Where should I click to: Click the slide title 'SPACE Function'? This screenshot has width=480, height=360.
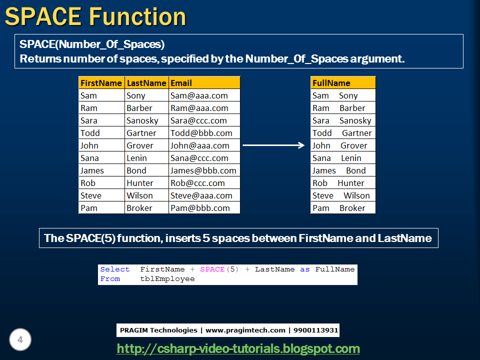pyautogui.click(x=95, y=16)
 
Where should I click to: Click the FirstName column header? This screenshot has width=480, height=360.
pyautogui.click(x=101, y=83)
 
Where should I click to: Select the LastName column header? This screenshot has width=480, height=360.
pyautogui.click(x=146, y=83)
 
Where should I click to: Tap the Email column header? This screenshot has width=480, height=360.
pyautogui.click(x=181, y=83)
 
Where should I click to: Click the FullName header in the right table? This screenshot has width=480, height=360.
pyautogui.click(x=331, y=83)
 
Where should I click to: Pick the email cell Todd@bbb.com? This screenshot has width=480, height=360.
pyautogui.click(x=201, y=133)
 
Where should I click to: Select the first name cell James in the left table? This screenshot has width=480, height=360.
pyautogui.click(x=92, y=170)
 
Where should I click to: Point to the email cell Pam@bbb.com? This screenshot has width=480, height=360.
pyautogui.click(x=200, y=208)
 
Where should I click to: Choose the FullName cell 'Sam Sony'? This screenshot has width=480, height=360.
pyautogui.click(x=335, y=95)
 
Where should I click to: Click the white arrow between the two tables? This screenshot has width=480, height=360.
pyautogui.click(x=273, y=145)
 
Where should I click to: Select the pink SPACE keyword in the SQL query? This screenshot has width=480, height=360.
pyautogui.click(x=212, y=269)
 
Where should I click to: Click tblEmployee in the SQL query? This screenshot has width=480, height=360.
pyautogui.click(x=167, y=279)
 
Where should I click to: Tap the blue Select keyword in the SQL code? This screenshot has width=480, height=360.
pyautogui.click(x=114, y=269)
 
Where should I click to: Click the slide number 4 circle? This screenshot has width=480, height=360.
pyautogui.click(x=20, y=340)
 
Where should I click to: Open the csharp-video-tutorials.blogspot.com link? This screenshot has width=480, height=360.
pyautogui.click(x=238, y=348)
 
